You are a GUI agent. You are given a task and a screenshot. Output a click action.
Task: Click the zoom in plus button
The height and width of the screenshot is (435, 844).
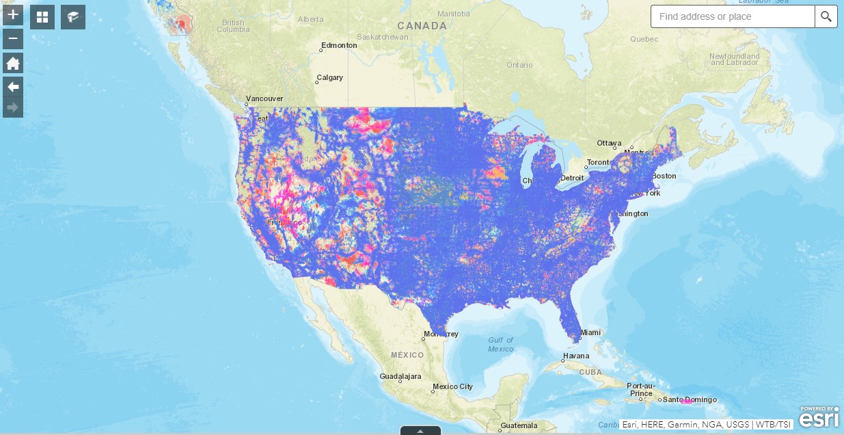point(13,14)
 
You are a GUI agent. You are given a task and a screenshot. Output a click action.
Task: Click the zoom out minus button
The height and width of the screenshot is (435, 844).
point(13,39)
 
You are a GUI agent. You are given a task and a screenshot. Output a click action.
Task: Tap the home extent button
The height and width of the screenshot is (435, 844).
point(13,64)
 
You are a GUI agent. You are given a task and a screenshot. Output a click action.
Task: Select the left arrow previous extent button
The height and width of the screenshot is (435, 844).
point(13,86)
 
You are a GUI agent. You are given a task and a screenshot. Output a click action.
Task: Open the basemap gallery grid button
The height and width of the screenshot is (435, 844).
point(42,17)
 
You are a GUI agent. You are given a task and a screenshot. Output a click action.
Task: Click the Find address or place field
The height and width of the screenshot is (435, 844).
point(732,16)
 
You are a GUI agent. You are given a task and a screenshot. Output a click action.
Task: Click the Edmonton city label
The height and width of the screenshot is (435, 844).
point(339,45)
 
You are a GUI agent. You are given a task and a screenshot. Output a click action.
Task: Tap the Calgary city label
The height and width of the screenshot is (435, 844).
point(329,77)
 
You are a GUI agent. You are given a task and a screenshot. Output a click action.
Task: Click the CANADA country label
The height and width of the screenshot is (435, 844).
point(422,26)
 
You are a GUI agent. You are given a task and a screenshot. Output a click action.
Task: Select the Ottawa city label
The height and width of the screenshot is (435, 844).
point(609,143)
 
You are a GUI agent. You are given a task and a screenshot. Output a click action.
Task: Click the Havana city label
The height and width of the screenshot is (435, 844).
point(575,356)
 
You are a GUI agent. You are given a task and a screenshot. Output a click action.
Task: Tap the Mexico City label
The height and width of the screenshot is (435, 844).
point(452,386)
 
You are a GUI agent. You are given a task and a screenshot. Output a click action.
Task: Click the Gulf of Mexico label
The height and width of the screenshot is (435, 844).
point(501,345)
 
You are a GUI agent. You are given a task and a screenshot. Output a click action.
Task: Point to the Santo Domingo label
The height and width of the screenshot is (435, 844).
point(690,399)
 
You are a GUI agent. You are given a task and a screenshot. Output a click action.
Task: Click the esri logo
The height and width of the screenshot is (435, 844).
point(819,417)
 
